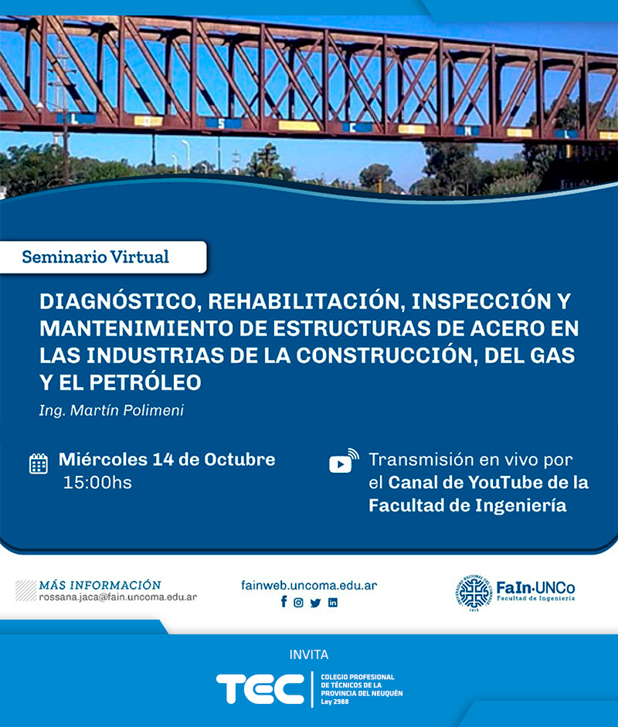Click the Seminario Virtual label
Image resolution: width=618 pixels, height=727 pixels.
(95, 256)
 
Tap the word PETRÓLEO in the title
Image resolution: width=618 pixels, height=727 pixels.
(145, 382)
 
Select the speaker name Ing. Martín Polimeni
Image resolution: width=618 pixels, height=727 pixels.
(111, 410)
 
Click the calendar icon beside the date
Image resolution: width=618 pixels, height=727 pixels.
(39, 464)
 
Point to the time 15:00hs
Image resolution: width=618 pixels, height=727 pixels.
(97, 483)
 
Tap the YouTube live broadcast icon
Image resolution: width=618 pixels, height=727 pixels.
(344, 461)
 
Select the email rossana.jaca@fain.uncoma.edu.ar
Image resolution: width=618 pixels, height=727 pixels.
(117, 597)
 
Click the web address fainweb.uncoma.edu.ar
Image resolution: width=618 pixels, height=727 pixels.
(309, 585)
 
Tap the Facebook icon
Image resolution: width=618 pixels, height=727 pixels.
(284, 602)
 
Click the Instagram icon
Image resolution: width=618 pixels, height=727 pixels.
(298, 603)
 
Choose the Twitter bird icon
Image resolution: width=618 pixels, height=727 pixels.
(315, 603)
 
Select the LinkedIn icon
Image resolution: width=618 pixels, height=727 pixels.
(333, 603)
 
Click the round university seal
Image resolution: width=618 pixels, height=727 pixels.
(474, 593)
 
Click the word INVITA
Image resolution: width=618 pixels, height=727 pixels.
(309, 654)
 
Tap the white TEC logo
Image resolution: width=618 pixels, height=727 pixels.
(260, 688)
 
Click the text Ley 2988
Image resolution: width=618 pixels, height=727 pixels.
(334, 702)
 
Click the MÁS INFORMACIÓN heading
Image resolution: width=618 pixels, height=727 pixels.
(100, 585)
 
